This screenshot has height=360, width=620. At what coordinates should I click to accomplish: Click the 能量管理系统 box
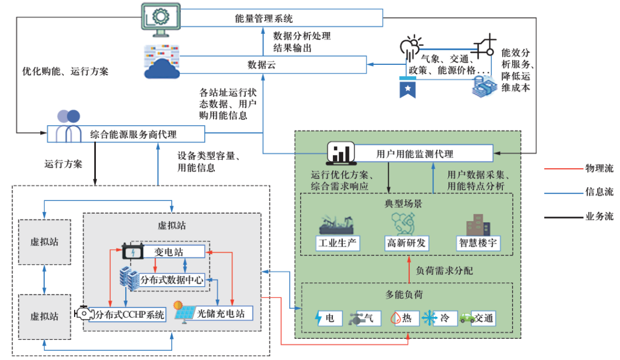point(264,18)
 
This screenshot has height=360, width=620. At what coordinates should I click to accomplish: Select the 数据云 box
point(261,64)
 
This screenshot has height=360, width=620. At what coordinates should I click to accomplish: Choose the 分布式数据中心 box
point(172,280)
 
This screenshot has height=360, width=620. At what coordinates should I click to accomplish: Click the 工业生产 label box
point(338,243)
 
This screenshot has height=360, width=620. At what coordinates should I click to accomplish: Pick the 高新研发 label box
point(406,243)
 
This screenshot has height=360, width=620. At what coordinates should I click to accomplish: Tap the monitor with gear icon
point(160,18)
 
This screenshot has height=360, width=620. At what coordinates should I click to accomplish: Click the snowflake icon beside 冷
point(429,318)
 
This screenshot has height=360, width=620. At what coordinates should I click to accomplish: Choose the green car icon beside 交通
point(465,318)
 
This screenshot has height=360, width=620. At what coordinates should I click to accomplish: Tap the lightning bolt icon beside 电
point(319,318)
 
